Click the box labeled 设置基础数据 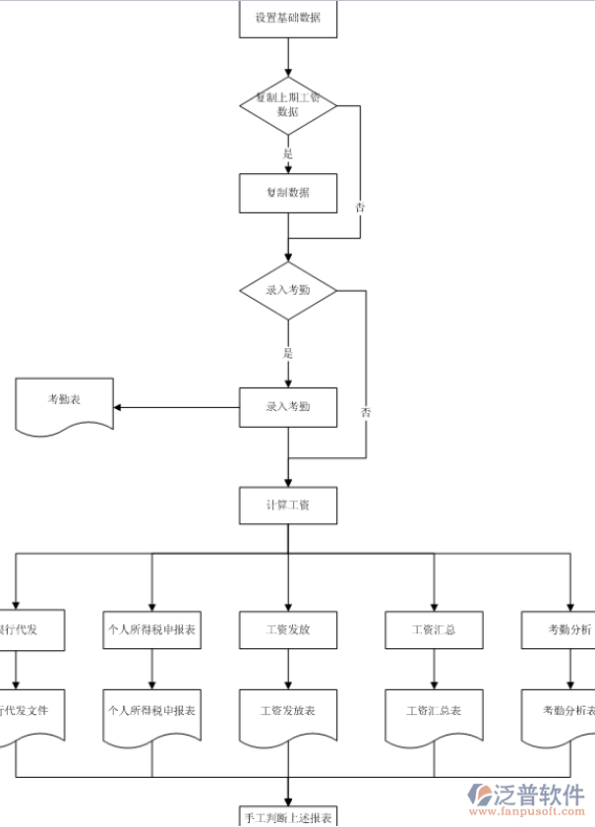point(288,19)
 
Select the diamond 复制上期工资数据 point(288,105)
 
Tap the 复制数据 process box point(288,193)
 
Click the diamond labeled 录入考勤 point(288,290)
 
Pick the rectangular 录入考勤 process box point(288,407)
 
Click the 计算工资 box point(288,505)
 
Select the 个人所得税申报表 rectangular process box point(151,630)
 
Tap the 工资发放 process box point(288,630)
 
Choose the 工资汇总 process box point(434,630)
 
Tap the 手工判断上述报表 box point(288,816)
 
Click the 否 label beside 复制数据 point(360,207)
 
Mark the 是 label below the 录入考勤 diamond point(288,353)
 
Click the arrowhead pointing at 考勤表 point(119,407)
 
